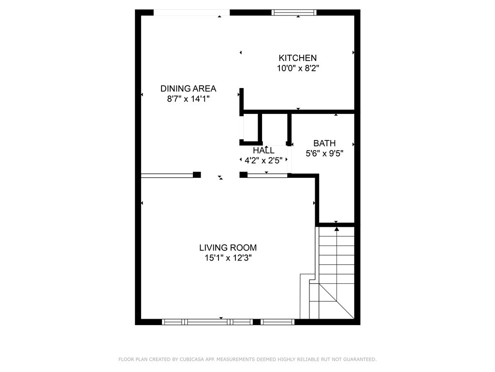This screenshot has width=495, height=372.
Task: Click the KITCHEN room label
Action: point(297,58)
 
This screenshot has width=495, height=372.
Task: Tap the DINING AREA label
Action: point(188,89)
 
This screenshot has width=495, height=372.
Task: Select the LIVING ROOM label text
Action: point(228,248)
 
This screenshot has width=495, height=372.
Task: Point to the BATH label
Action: point(324,143)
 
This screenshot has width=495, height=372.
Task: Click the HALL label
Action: point(263,150)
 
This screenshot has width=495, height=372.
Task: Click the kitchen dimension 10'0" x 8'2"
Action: point(298,68)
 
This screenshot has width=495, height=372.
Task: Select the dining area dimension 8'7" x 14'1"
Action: point(188,99)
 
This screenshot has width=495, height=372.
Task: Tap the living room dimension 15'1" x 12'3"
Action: point(228,258)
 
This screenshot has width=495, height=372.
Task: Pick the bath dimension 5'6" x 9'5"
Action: point(324,154)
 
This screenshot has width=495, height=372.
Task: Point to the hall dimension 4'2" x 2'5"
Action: point(263,161)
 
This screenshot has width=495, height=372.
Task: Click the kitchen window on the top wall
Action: point(294,12)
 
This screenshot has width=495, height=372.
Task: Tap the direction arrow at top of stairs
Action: point(336,229)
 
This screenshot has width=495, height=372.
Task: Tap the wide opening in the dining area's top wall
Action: point(191,13)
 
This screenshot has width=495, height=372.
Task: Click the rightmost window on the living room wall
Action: point(277,322)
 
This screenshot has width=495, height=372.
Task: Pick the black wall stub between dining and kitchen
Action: point(242,102)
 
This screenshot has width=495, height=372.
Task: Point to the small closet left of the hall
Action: point(251,127)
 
